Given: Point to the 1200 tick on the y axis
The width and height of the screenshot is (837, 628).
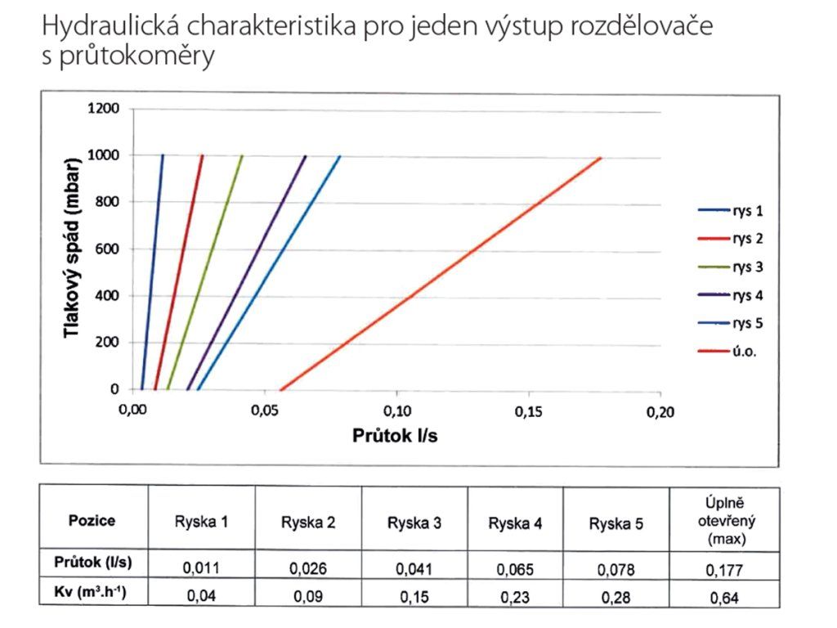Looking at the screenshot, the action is tap(104, 109).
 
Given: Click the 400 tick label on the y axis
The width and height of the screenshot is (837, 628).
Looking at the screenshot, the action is tap(107, 295).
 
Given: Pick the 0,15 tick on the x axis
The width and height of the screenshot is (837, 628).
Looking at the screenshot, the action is tap(529, 411).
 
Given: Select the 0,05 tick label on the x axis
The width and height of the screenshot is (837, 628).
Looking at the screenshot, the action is tap(265, 410).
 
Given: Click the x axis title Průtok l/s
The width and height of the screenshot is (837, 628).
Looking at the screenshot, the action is tap(395, 436).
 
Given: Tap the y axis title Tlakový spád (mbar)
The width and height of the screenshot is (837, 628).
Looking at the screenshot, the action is tap(72, 247).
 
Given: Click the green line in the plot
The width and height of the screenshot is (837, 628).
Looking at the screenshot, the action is tap(205, 272).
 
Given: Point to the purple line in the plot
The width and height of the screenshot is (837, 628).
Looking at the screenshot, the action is tap(247, 272).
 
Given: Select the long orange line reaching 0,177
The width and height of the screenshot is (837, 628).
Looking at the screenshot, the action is tap(441, 274).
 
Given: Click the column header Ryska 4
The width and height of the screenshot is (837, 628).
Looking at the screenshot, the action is tap(515, 523).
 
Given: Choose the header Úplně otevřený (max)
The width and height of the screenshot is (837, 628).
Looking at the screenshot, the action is tap(726, 521).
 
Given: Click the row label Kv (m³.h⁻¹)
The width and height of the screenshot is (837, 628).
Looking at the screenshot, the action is tap(90, 592).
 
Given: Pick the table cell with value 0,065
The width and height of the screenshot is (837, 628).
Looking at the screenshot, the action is tap(515, 569).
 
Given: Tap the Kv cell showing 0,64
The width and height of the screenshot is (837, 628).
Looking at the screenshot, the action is tap(724, 598).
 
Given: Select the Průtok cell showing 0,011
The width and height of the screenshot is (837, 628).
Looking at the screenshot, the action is tap(201, 567).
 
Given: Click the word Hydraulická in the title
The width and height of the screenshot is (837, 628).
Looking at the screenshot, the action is tap(110, 25).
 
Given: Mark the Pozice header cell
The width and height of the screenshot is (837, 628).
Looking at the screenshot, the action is tap(92, 521).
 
